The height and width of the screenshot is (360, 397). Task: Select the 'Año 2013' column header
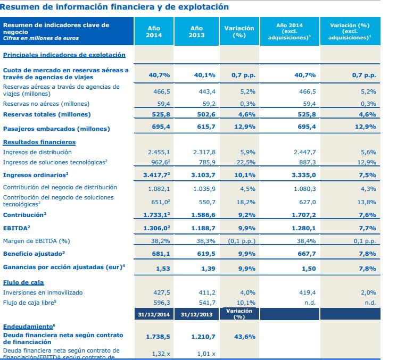196,31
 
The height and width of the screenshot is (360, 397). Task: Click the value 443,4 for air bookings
202,91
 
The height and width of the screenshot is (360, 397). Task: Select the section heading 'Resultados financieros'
39,142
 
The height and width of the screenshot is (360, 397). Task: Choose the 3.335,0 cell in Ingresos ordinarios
304,174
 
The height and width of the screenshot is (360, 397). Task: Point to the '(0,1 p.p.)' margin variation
242,241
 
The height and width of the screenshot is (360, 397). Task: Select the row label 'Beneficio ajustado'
34,253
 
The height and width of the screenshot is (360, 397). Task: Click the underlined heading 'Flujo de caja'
24,282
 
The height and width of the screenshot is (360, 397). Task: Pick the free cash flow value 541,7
202,303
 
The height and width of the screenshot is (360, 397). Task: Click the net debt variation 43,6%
244,337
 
